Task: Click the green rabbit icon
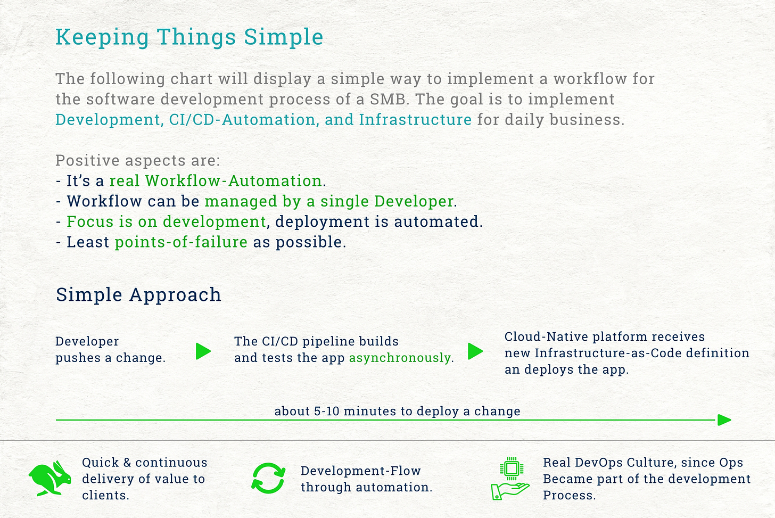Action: [50, 478]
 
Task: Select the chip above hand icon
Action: [512, 469]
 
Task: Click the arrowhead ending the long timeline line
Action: [724, 420]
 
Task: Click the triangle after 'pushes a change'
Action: [203, 351]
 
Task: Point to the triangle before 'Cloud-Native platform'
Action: [475, 351]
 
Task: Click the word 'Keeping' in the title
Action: [102, 37]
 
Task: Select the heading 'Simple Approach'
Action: [138, 295]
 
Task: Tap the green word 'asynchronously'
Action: [400, 358]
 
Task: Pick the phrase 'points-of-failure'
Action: [182, 242]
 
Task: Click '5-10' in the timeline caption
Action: [326, 411]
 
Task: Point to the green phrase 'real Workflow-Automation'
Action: [216, 181]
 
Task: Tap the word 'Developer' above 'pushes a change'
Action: [87, 342]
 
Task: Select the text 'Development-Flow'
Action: [361, 471]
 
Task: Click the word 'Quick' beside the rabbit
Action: [100, 463]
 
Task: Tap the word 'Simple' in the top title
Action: [284, 37]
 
